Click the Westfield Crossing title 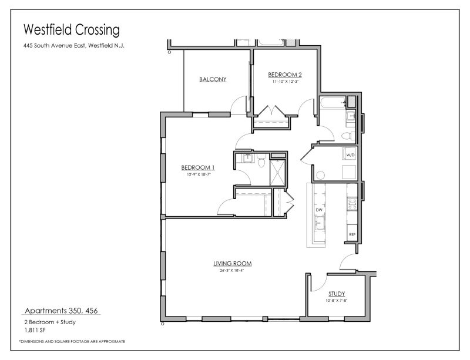70,29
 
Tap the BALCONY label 213,79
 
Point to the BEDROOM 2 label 285,75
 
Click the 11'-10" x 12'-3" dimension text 285,82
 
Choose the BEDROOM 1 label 194,167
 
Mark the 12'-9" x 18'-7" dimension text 194,174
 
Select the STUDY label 337,294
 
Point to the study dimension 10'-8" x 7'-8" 337,301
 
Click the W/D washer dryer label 351,154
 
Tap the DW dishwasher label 319,210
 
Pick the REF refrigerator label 352,235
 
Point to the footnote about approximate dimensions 72,341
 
